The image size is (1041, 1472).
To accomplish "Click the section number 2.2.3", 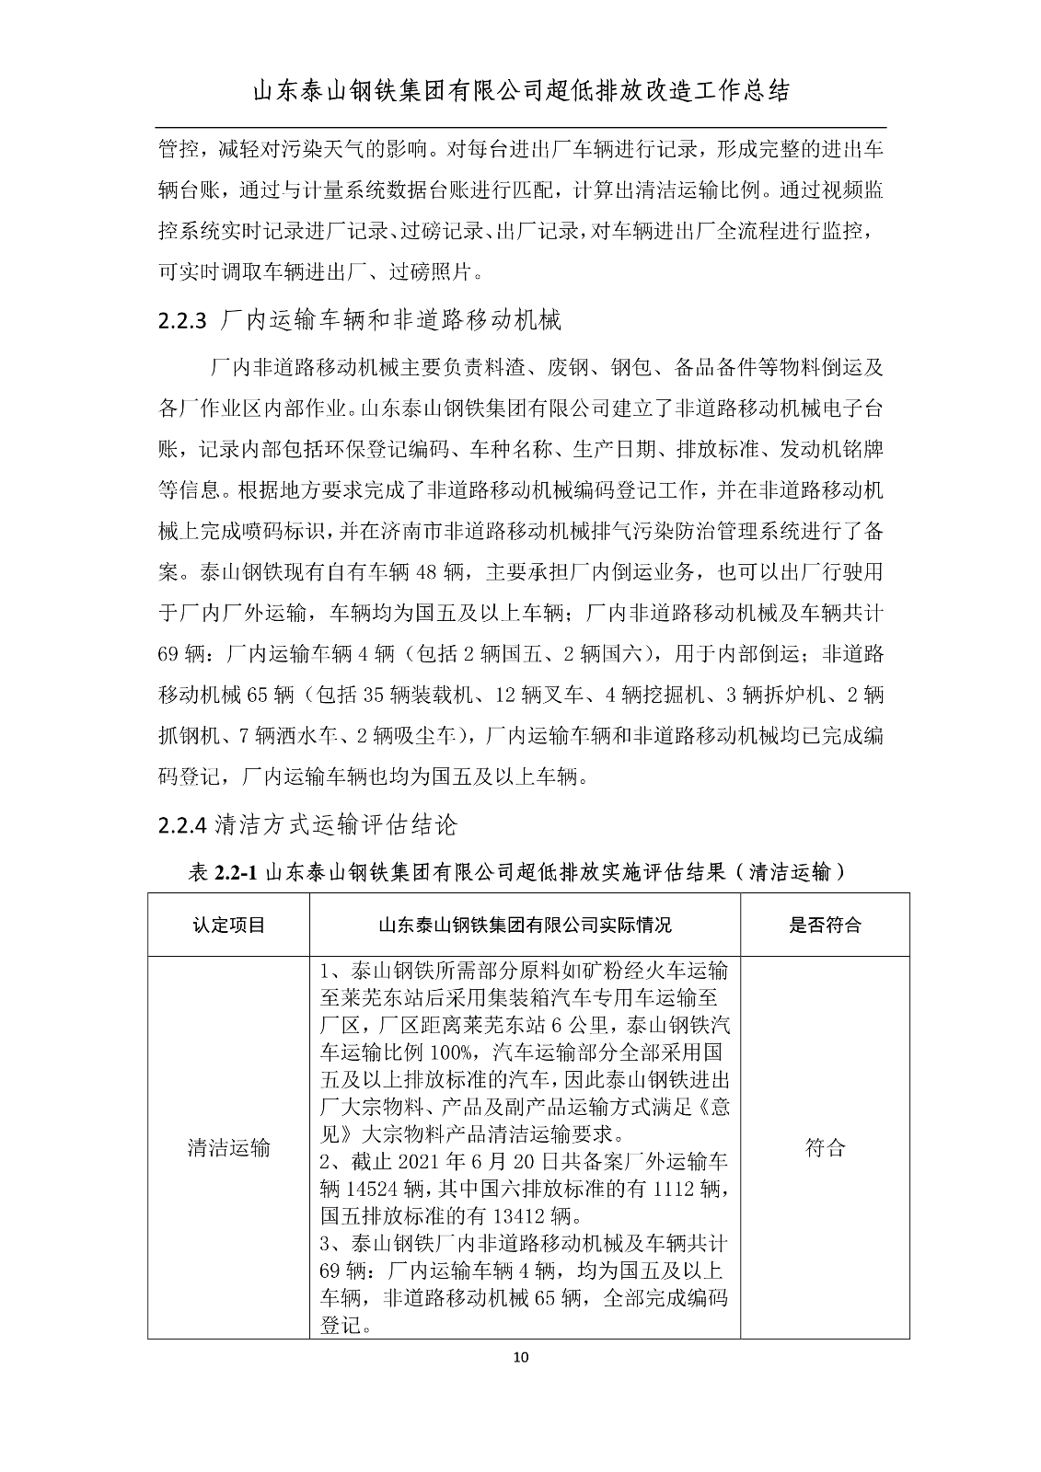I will (x=184, y=320).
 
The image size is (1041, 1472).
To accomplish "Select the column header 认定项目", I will (x=228, y=925).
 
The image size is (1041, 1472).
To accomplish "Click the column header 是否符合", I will (x=825, y=925).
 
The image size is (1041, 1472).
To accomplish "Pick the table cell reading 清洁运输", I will (x=228, y=1147).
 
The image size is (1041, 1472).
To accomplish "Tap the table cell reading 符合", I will (x=825, y=1147).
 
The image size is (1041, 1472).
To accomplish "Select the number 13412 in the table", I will (x=514, y=1216).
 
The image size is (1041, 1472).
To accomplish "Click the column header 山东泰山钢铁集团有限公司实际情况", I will (x=525, y=925).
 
